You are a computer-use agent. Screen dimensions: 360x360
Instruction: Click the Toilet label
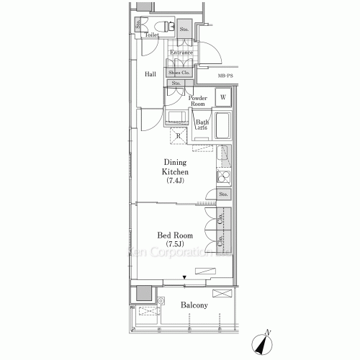click(x=151, y=35)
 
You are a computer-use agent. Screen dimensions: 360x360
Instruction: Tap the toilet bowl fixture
click(x=165, y=27)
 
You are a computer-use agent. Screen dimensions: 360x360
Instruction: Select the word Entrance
click(x=182, y=53)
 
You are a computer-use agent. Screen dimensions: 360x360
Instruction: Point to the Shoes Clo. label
click(x=180, y=73)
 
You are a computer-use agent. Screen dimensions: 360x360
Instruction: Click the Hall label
click(x=150, y=74)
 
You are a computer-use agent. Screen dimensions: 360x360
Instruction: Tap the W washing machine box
click(x=223, y=97)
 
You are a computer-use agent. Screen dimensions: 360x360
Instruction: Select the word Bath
click(x=202, y=122)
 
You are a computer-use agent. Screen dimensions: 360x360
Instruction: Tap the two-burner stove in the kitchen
click(x=224, y=176)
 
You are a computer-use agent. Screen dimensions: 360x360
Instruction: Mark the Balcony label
click(x=194, y=305)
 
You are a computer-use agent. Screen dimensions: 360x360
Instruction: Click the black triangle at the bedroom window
click(x=183, y=277)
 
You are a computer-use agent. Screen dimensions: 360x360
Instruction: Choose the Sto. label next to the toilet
click(x=184, y=29)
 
